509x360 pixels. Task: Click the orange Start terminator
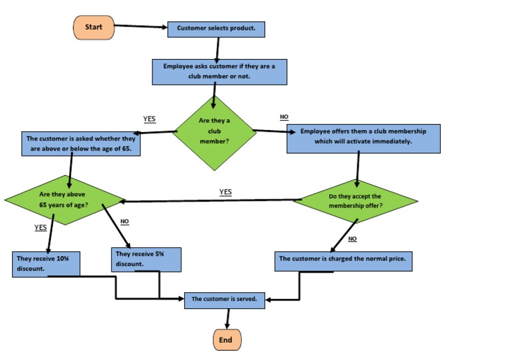[94, 27]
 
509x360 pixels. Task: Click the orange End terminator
[227, 340]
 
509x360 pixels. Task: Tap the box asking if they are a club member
[219, 72]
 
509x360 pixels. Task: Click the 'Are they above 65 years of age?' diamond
[64, 200]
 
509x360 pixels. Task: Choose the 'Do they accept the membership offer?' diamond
[355, 201]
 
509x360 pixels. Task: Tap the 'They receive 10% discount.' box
[46, 263]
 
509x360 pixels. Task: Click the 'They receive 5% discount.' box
[145, 259]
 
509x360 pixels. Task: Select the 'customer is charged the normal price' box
[343, 260]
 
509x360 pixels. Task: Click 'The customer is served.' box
[224, 299]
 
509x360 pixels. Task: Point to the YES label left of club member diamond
[149, 119]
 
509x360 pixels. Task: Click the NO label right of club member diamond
[284, 117]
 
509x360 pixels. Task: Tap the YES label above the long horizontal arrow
[225, 192]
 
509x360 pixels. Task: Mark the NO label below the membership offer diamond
[352, 239]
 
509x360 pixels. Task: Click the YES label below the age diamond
[40, 227]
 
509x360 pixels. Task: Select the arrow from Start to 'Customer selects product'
[141, 27]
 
